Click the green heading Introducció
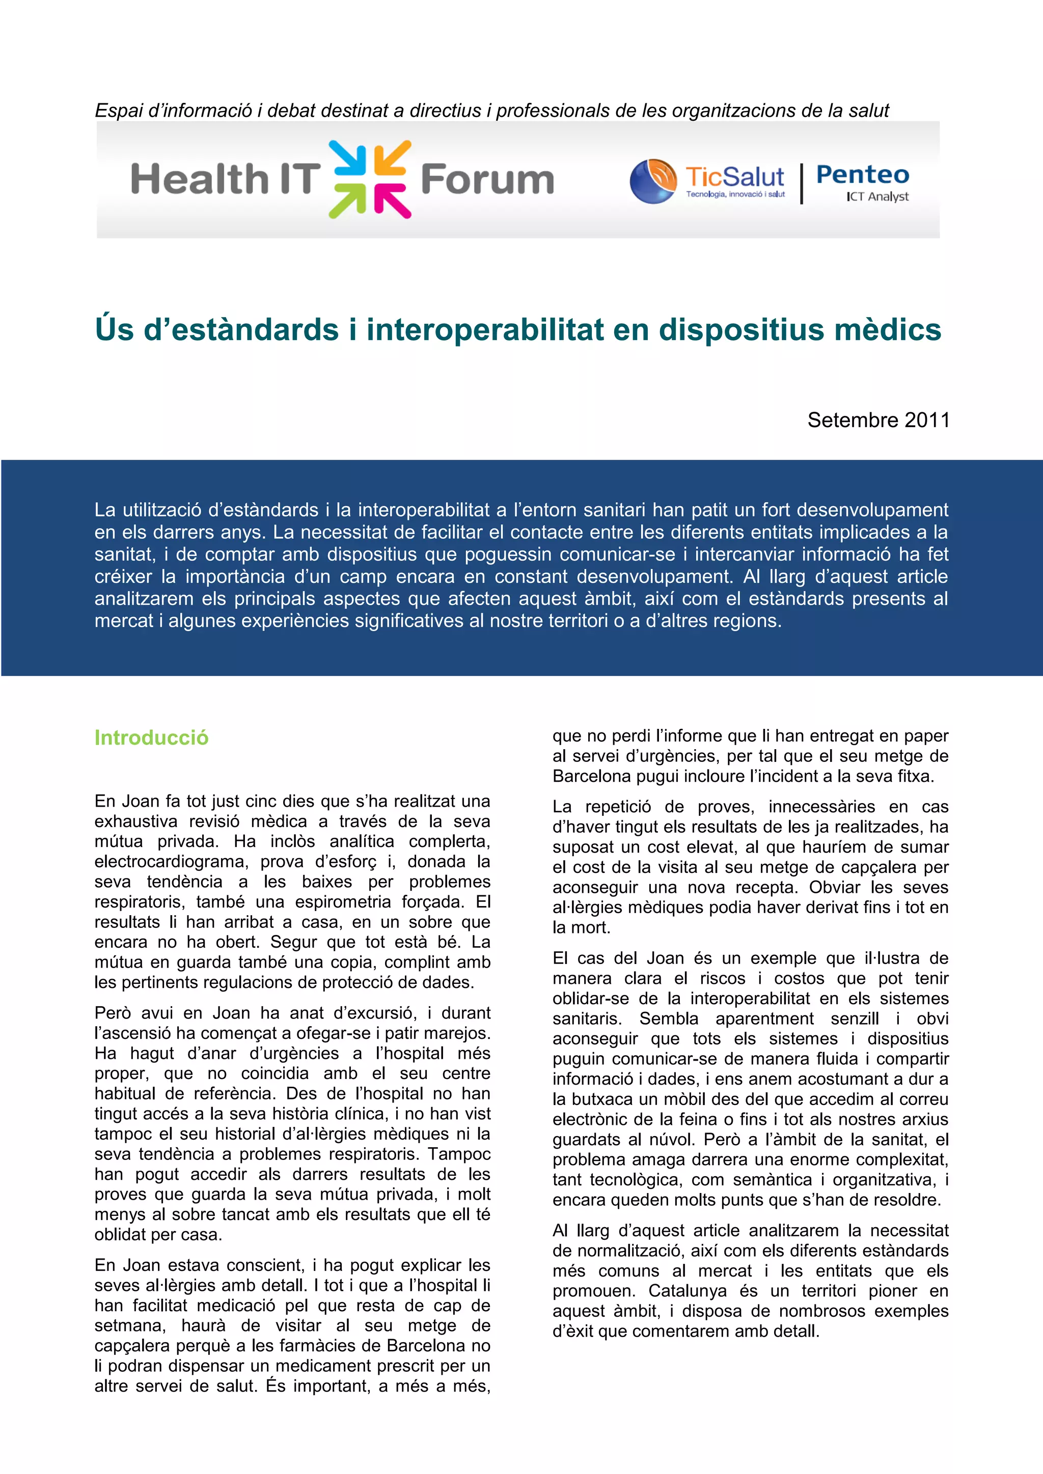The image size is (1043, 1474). pos(152,738)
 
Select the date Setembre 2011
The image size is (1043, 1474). pos(878,420)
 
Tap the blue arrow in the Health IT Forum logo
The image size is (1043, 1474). pos(348,158)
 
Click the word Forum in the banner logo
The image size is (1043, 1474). pos(487,179)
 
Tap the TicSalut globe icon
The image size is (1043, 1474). pos(652,181)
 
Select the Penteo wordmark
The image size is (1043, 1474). pos(863,175)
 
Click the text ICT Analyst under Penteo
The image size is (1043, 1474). pos(877,196)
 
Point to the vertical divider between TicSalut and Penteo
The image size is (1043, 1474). pos(802,184)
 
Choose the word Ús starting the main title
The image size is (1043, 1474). pos(114,329)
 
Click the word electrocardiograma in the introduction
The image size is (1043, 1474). pos(170,862)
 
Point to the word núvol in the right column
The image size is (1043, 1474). pos(671,1140)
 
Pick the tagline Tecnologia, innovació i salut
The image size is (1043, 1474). pos(735,194)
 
